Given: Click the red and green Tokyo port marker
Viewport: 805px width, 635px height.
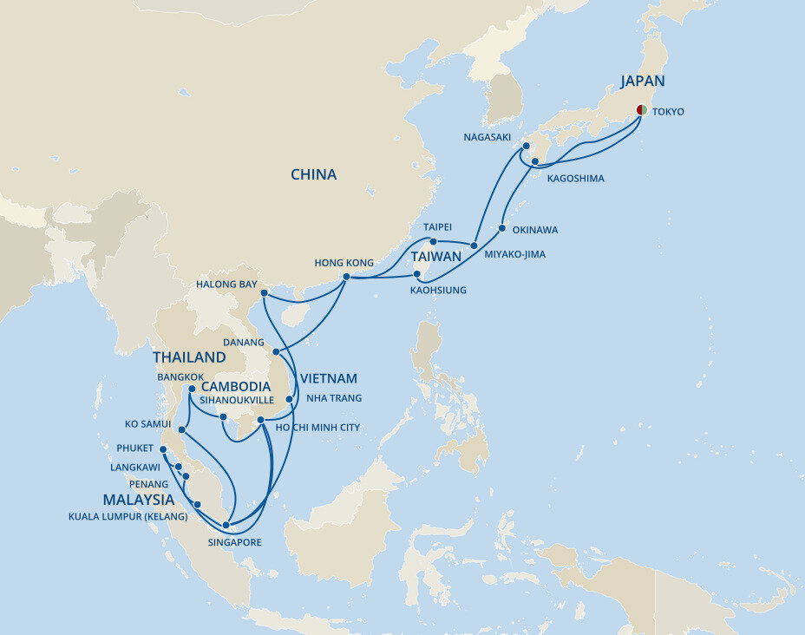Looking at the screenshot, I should [641, 109].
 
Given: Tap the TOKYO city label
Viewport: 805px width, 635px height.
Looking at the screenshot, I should [668, 112].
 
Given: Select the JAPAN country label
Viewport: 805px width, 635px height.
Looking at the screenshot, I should [642, 82].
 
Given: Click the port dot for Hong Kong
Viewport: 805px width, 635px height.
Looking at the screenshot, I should [346, 277].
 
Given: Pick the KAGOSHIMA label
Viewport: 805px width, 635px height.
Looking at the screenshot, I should [575, 178].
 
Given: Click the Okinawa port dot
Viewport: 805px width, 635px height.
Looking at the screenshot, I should [502, 229].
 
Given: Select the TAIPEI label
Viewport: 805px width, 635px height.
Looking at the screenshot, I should [438, 226].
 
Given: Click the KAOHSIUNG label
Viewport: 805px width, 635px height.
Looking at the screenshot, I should [438, 290].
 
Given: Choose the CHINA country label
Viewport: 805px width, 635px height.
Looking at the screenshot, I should [313, 174].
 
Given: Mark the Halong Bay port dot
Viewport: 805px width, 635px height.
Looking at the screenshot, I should [264, 293].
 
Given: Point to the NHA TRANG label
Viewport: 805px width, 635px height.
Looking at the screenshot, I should [333, 398].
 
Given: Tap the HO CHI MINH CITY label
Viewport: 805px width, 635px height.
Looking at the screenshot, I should [317, 427].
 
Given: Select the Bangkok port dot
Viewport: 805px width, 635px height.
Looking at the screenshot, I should [192, 389].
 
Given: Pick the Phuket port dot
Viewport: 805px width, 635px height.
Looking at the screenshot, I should [163, 448].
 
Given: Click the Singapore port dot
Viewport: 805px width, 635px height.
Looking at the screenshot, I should [226, 525].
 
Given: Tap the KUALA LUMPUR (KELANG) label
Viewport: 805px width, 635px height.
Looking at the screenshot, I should [128, 517].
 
